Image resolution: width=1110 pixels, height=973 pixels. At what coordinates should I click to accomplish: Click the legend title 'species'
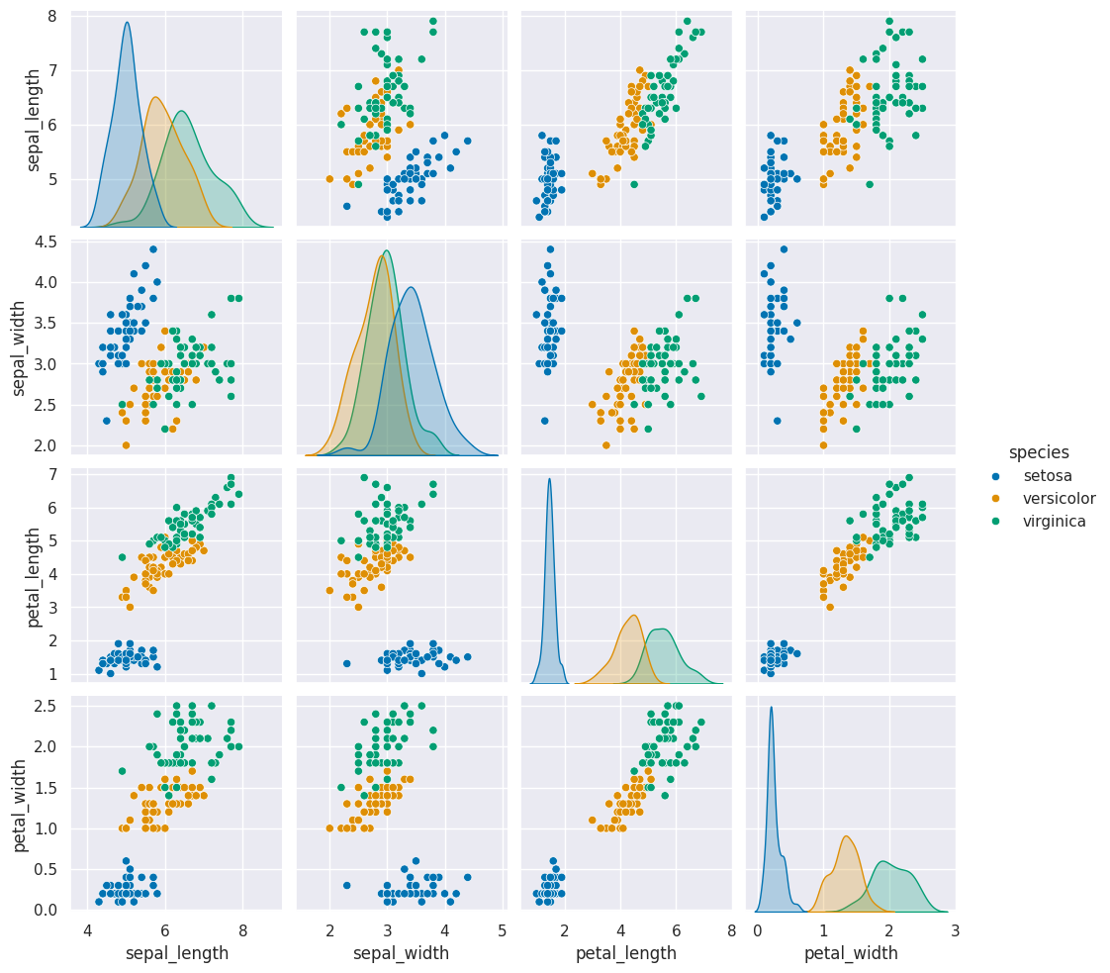pos(1039,452)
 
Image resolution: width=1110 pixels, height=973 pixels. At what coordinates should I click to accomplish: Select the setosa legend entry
pos(1046,475)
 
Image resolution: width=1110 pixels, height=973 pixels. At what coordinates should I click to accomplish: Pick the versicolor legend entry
pos(1056,498)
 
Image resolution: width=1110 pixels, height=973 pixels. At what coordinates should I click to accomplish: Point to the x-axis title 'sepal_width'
pos(402,953)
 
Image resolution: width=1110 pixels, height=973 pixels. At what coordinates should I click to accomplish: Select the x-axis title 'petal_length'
pos(626,953)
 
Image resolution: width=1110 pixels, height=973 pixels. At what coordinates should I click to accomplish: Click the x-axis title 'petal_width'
pos(851,953)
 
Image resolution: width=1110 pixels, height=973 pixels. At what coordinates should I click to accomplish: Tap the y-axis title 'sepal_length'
pos(34,120)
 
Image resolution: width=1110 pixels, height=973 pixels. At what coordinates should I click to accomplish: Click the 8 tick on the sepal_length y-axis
pos(49,16)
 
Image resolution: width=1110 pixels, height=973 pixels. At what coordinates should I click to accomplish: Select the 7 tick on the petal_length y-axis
pos(49,474)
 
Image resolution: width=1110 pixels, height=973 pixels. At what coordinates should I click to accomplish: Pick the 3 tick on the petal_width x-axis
pos(956,929)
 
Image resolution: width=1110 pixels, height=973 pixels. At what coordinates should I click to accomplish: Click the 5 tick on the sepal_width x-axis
pos(503,929)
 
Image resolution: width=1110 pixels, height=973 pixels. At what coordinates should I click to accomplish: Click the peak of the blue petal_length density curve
pos(549,479)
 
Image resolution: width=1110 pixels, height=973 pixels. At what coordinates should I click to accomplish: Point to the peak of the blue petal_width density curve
pos(771,707)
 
